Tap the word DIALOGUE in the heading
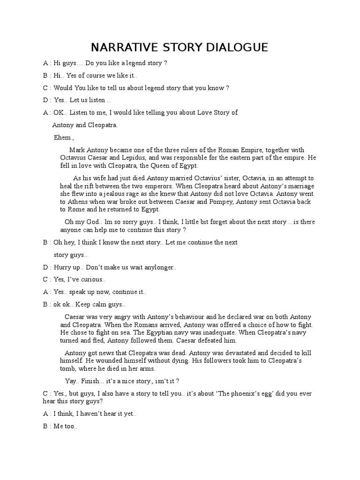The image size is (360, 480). coord(237,47)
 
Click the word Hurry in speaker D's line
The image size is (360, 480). coord(63,267)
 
